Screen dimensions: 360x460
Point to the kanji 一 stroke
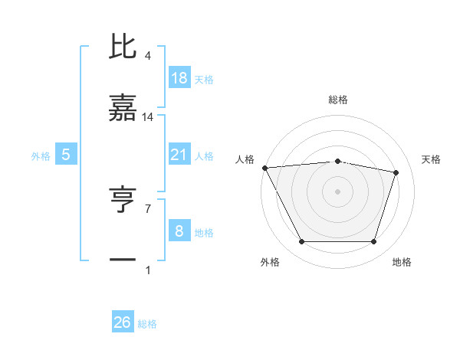tap(123, 260)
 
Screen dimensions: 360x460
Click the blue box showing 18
tap(179, 77)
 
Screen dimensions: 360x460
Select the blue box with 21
tap(179, 155)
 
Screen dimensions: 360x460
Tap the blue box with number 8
tap(179, 231)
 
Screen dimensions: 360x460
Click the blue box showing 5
tap(66, 155)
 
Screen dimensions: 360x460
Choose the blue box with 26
tap(123, 322)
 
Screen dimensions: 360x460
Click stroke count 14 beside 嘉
tap(148, 116)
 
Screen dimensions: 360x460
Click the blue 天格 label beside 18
tap(203, 79)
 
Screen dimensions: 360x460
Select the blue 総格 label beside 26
tap(147, 324)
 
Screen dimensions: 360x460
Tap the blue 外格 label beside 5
tap(41, 156)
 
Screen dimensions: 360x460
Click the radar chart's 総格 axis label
tap(338, 100)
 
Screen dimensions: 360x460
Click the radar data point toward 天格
tap(396, 172)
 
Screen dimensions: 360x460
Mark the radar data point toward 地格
tap(373, 242)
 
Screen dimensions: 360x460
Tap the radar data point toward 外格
tap(302, 242)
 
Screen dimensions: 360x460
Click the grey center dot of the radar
tap(338, 191)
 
